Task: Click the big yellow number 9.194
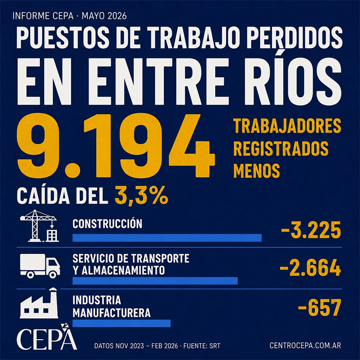116,146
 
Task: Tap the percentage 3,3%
141,196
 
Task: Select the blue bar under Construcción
167,238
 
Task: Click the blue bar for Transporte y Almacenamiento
155,280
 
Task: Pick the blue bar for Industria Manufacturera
121,323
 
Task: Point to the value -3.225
311,230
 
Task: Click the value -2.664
310,268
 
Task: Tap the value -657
319,307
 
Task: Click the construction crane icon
39,226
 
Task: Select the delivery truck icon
40,266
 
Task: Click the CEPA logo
47,337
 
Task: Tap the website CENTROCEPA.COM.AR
305,345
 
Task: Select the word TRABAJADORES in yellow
287,126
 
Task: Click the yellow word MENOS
257,171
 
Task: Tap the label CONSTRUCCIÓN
107,224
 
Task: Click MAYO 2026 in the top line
104,16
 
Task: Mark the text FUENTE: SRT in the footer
201,346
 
